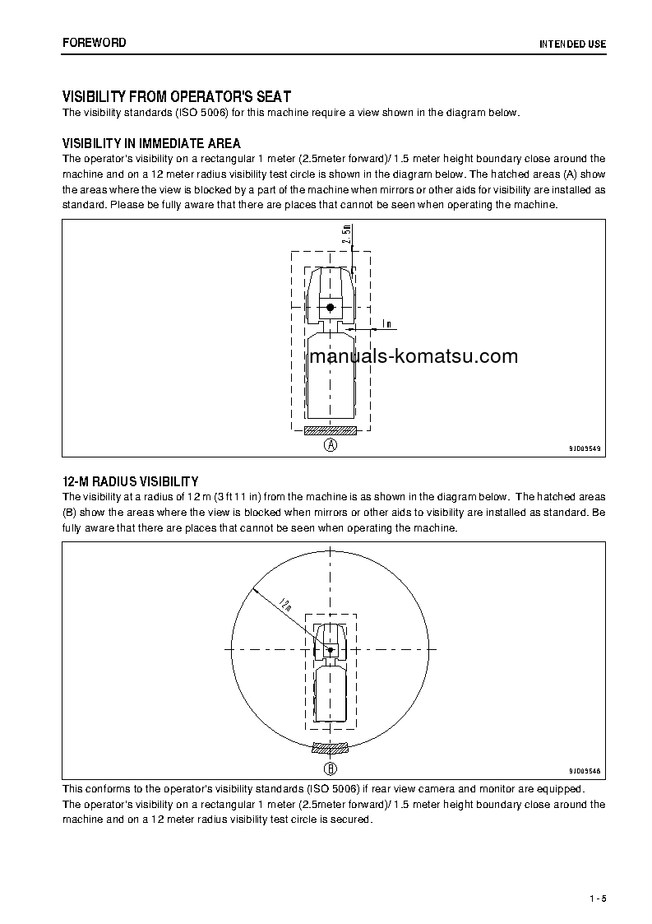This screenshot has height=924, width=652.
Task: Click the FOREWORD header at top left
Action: [94, 42]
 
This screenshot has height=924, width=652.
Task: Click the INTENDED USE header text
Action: [572, 44]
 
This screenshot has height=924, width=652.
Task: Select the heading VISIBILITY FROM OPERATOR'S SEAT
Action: [177, 96]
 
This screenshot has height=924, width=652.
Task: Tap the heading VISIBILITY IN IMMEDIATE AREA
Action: [151, 143]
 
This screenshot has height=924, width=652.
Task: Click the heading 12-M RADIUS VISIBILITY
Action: [130, 481]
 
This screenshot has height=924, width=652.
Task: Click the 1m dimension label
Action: [386, 323]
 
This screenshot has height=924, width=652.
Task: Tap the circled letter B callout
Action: [331, 769]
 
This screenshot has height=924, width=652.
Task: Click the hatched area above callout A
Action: [331, 429]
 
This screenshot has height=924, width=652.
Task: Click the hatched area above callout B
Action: [331, 748]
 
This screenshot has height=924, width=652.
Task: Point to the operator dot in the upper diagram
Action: [331, 307]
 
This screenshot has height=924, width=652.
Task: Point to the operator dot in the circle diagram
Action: [331, 650]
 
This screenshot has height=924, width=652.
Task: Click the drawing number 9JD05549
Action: [585, 448]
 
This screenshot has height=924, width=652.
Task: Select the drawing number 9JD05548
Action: [585, 771]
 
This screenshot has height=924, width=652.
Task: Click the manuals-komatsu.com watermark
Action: [414, 356]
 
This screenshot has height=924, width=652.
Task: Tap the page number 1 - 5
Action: [597, 898]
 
